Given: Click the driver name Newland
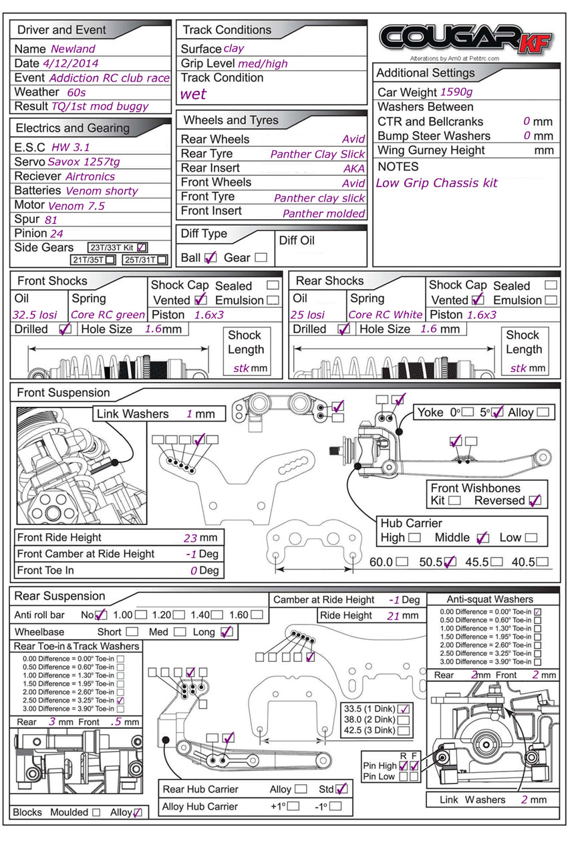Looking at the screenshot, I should tap(73, 49).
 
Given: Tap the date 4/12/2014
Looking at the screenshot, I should tap(70, 63).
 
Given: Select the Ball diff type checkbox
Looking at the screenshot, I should tap(210, 257).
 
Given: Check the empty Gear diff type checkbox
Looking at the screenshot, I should tap(261, 257).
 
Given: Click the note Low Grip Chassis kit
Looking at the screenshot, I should tap(436, 182).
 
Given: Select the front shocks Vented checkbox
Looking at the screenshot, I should tap(200, 300).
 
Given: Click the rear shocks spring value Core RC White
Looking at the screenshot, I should tap(385, 315).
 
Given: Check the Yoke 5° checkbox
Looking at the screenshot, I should tap(497, 412).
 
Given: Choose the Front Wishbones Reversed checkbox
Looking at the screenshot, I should tap(534, 500).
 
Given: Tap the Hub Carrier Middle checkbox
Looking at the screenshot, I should tap(483, 537).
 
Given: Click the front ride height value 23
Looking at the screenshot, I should tap(190, 538).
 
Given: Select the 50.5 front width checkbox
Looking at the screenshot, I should tap(450, 562).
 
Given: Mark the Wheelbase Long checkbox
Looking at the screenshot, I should tap(227, 631).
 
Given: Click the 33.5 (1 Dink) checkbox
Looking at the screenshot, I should tap(404, 709).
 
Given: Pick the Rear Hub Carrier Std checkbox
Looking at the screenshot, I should tap(341, 789).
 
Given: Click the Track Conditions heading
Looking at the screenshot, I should tap(227, 30).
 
